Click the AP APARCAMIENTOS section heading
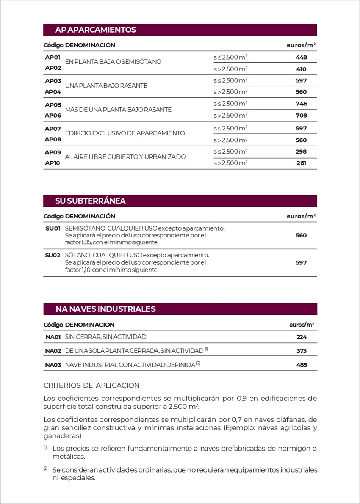95,30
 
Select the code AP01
53,57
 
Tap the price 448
301,57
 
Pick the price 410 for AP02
301,69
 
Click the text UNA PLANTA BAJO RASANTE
106,86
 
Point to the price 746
301,104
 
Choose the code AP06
53,115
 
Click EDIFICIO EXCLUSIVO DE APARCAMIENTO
125,133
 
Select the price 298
301,151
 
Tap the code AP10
53,163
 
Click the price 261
301,163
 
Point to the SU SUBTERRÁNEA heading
90,201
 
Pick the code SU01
53,228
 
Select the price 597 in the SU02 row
301,262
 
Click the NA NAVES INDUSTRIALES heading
105,309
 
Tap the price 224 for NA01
302,337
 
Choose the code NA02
53,351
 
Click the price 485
302,365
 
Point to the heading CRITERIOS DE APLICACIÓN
91,385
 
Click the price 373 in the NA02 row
302,351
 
